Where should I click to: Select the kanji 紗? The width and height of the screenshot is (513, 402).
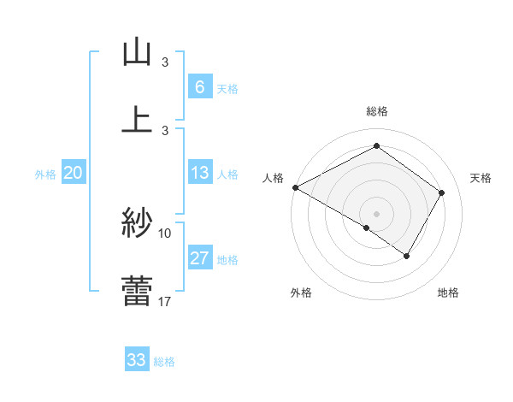pos(137,223)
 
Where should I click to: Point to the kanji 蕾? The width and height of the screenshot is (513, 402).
pos(137,291)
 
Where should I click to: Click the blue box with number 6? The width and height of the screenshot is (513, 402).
pos(199,87)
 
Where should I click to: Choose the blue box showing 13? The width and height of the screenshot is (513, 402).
pos(199,173)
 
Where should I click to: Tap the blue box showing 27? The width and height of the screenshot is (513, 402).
pos(199,258)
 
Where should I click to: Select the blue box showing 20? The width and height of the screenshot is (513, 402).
pos(74,173)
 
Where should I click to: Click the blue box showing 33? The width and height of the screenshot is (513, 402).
pos(137,360)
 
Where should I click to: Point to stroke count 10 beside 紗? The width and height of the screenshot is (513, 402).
pos(165,233)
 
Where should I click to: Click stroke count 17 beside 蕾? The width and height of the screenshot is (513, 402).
pos(165,301)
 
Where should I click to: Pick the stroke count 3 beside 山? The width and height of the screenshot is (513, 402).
pos(165,62)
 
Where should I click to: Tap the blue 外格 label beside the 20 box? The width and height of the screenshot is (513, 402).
pos(45,174)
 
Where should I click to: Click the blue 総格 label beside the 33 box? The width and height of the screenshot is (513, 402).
pos(164,362)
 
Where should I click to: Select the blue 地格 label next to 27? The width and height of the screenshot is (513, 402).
pos(227,260)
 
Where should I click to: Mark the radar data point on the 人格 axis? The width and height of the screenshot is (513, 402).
pos(295,187)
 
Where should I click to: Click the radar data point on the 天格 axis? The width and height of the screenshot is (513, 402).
pos(442,192)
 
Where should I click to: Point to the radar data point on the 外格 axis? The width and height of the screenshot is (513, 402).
pos(367,228)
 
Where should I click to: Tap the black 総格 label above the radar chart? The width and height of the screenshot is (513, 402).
pos(376,111)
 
